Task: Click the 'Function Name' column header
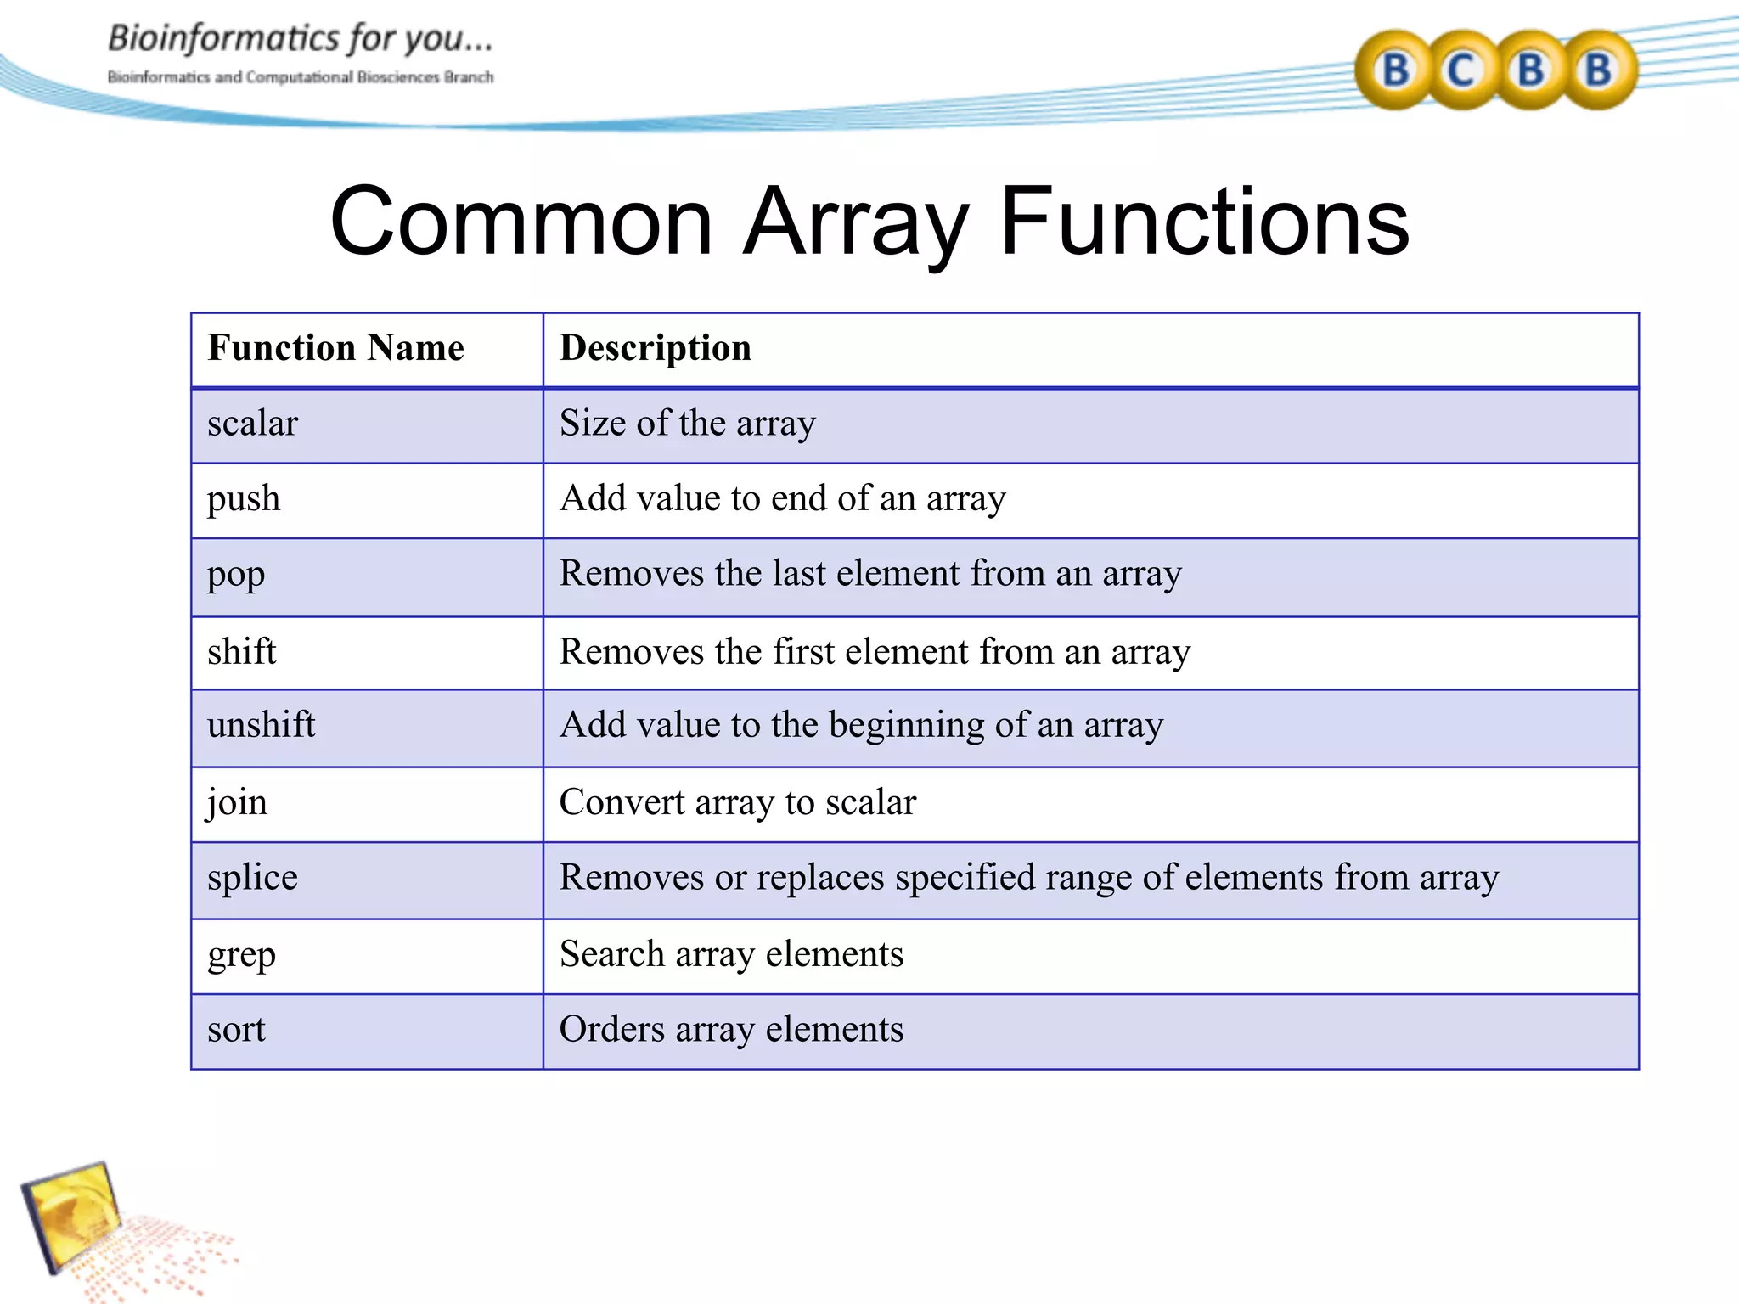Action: pos(335,348)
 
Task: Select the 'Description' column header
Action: pos(655,348)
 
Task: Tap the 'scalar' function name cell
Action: pos(252,424)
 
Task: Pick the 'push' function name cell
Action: pos(243,499)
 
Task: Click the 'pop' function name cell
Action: pos(236,575)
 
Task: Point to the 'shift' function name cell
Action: pos(241,652)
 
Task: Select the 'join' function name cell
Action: pos(237,803)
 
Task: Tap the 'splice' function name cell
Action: pos(252,878)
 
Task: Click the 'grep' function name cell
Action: pos(241,955)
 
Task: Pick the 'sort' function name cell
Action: pos(236,1030)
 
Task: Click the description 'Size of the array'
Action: pos(687,424)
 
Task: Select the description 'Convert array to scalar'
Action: pos(737,803)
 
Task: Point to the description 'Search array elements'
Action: pos(731,955)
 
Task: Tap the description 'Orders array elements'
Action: pos(731,1030)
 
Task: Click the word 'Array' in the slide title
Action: pos(855,222)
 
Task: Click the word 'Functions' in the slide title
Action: pos(1204,222)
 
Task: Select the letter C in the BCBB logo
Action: pos(1460,70)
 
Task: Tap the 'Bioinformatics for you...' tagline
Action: pos(300,38)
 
